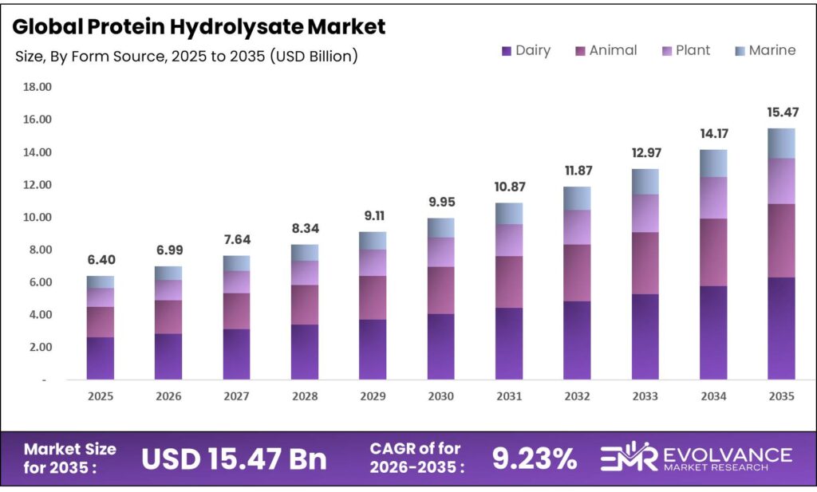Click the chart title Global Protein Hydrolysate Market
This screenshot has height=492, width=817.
[x=200, y=26]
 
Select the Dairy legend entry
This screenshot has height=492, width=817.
[x=526, y=50]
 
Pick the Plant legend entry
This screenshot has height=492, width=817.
[x=686, y=50]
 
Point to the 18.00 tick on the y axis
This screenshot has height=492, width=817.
[x=37, y=87]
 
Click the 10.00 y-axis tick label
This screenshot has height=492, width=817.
[x=37, y=217]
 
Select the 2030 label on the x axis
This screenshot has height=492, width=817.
[x=441, y=396]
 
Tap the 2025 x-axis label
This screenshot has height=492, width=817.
[x=101, y=396]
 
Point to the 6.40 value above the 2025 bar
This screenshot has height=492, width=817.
[x=101, y=261]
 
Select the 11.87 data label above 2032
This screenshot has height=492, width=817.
[x=577, y=171]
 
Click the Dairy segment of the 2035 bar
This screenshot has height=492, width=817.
[x=781, y=328]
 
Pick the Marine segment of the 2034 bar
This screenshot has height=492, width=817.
[x=713, y=163]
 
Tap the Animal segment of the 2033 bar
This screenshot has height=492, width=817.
[x=645, y=263]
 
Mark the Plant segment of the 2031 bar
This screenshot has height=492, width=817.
[x=509, y=239]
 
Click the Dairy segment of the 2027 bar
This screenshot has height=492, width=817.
[x=237, y=354]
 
